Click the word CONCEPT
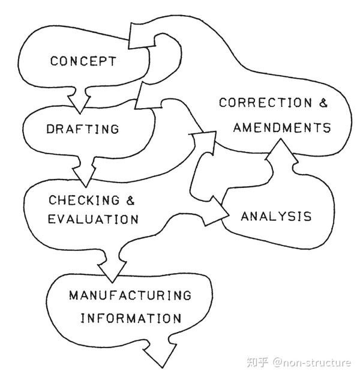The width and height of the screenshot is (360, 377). [83, 61]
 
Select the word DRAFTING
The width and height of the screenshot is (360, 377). [83, 129]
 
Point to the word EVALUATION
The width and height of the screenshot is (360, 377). [93, 219]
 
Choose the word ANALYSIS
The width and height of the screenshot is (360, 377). [276, 216]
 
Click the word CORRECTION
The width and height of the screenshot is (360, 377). [262, 103]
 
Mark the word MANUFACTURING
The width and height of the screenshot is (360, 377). [130, 295]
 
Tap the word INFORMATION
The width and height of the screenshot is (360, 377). [130, 318]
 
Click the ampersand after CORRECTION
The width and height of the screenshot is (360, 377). [323, 103]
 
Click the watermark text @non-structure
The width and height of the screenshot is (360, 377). [312, 362]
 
